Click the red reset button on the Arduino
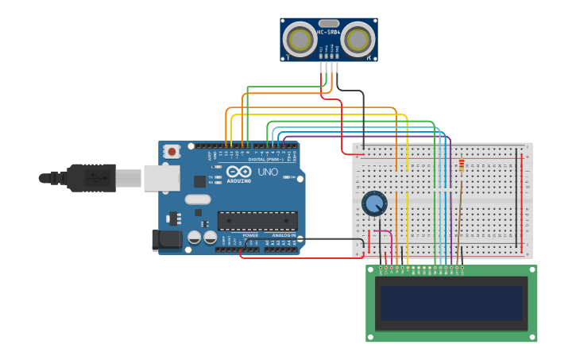[x=172, y=151]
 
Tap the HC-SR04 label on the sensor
[x=329, y=32]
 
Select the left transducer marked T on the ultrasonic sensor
[x=300, y=39]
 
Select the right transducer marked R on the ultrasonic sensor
[x=358, y=39]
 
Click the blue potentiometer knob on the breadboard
[x=373, y=203]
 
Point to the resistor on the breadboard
[x=462, y=165]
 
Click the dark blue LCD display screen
[x=451, y=303]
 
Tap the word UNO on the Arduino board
[x=269, y=172]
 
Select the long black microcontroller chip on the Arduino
[x=257, y=220]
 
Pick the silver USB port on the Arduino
[x=161, y=178]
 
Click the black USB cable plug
[x=91, y=178]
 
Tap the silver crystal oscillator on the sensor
[x=329, y=23]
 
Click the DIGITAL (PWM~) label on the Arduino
[x=266, y=160]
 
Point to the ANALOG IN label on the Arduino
[x=283, y=235]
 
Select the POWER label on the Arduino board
[x=250, y=235]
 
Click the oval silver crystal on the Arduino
[x=199, y=199]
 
